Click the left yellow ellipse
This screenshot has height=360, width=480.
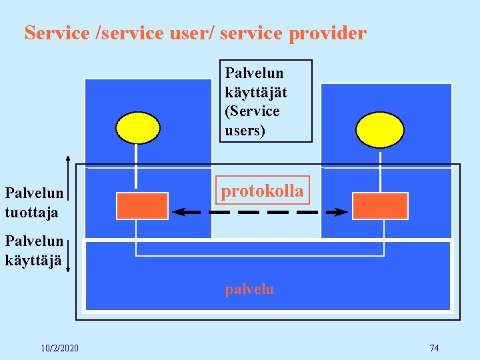click(x=138, y=128)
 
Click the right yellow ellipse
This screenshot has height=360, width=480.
click(x=379, y=129)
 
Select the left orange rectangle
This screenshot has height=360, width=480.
click(x=142, y=206)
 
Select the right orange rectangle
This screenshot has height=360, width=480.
click(x=380, y=206)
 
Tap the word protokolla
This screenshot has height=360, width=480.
click(x=262, y=191)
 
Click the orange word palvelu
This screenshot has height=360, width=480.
click(x=249, y=289)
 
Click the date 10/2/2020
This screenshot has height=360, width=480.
click(x=59, y=348)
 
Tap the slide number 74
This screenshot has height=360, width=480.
click(x=434, y=348)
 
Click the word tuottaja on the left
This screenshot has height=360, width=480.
click(x=31, y=212)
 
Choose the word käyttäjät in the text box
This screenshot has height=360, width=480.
click(x=256, y=92)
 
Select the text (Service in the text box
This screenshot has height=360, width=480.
click(x=252, y=111)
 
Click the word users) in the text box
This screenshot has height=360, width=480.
click(x=245, y=130)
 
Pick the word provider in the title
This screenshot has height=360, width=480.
click(x=327, y=33)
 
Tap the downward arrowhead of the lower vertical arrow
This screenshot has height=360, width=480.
click(x=68, y=271)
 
